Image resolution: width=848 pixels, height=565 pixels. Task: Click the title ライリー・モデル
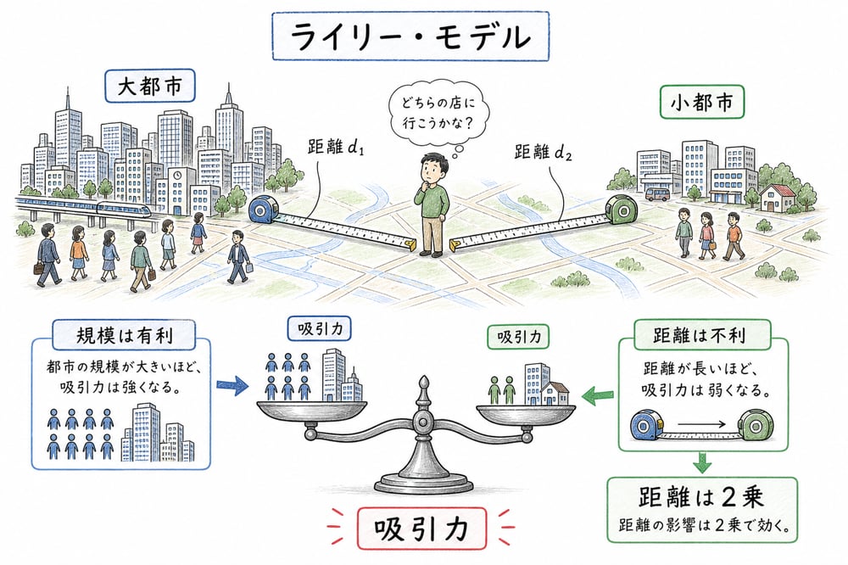click(x=410, y=36)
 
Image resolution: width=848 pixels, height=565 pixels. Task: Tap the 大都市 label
click(x=150, y=86)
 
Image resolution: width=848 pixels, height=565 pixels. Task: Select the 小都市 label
click(x=701, y=101)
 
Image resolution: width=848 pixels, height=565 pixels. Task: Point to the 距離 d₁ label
click(x=336, y=147)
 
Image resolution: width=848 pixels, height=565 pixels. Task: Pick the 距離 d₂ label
click(x=543, y=152)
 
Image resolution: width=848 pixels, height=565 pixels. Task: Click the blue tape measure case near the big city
click(x=264, y=209)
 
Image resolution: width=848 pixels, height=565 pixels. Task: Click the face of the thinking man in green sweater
click(x=432, y=170)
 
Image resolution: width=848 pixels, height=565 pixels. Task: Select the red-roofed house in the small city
click(x=777, y=197)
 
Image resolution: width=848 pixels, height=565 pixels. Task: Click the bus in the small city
click(x=656, y=193)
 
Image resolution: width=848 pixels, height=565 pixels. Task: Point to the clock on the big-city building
click(x=177, y=176)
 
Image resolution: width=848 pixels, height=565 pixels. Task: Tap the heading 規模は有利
click(x=124, y=336)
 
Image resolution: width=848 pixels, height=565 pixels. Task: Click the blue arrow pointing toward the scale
click(x=232, y=385)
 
